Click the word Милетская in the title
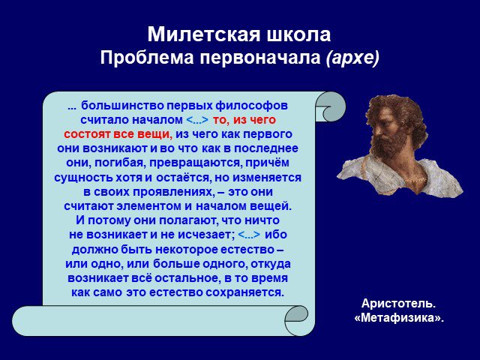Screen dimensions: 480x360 click(204, 34)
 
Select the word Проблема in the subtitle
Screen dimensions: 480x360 click(147, 58)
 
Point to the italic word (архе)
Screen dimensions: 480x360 click(352, 58)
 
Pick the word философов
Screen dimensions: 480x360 click(252, 106)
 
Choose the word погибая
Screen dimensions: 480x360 click(120, 163)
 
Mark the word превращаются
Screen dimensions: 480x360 click(196, 163)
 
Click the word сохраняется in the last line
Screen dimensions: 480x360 click(245, 292)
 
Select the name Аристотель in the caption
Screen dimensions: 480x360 click(398, 304)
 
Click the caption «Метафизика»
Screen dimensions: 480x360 click(399, 318)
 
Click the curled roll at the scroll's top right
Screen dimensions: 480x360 click(331, 106)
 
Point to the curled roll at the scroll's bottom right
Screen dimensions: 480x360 click(296, 320)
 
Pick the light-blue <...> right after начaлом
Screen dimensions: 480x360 click(197, 120)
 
